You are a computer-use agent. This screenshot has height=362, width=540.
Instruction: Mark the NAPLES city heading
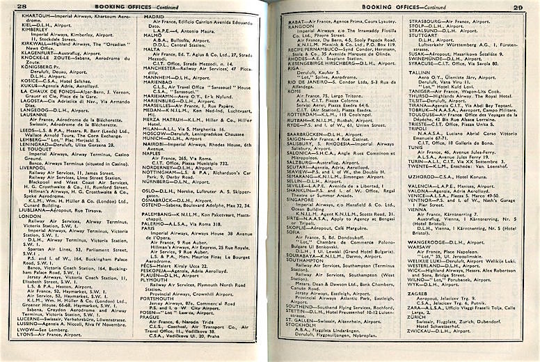[154, 152]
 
